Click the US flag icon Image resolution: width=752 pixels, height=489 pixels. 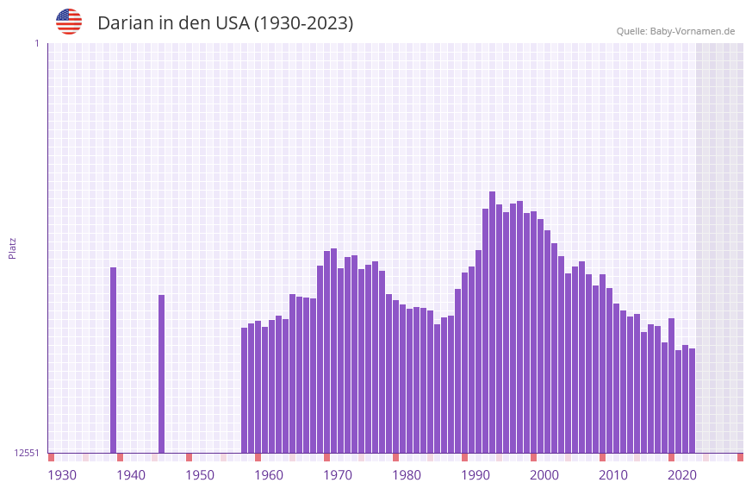(x=69, y=22)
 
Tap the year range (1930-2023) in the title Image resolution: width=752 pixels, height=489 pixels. (x=303, y=23)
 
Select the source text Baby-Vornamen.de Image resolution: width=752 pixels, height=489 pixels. (x=692, y=31)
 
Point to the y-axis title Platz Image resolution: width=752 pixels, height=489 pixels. (x=12, y=248)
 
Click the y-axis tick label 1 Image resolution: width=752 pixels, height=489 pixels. (x=36, y=43)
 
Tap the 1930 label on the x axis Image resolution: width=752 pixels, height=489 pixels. (x=62, y=475)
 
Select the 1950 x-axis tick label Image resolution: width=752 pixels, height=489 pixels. (x=200, y=475)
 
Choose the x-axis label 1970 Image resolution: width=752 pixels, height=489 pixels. (x=338, y=475)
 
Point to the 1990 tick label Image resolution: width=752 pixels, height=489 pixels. (x=475, y=475)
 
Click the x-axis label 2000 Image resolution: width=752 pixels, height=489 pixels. (x=544, y=475)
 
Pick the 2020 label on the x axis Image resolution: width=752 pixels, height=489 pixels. (x=682, y=475)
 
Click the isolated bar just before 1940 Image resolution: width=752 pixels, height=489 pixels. (x=113, y=360)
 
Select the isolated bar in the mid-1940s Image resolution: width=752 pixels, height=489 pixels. (x=161, y=373)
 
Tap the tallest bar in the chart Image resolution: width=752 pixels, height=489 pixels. (x=492, y=322)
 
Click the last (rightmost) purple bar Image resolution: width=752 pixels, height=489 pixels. (x=692, y=400)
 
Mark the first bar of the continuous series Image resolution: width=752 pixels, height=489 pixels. (x=244, y=390)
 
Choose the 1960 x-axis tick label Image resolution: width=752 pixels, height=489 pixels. (x=269, y=475)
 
